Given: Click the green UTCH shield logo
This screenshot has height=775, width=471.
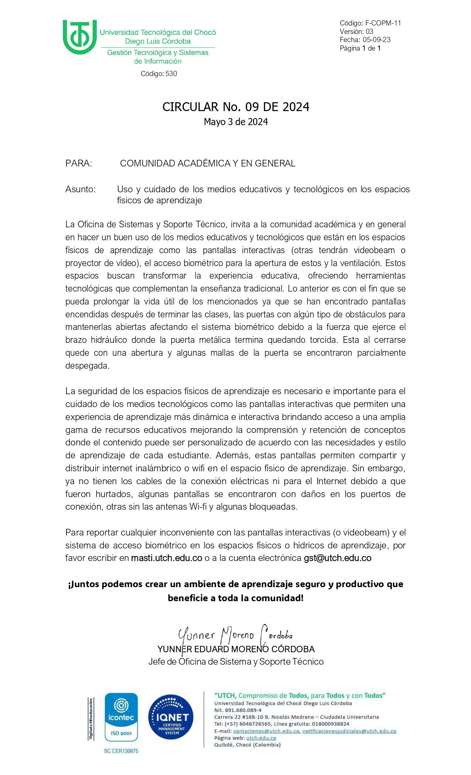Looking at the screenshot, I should [x=79, y=37].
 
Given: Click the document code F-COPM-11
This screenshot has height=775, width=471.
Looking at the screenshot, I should [x=383, y=23].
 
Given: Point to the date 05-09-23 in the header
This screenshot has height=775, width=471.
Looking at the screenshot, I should [x=376, y=40].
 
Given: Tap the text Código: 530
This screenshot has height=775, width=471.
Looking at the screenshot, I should [x=159, y=74].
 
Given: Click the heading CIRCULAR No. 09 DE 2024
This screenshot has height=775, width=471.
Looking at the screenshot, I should [x=236, y=107].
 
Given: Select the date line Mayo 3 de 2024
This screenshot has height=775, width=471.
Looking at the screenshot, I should [x=236, y=122].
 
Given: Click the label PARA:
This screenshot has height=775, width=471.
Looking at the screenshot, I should [x=79, y=163].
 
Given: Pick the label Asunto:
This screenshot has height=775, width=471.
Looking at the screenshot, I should [x=81, y=189].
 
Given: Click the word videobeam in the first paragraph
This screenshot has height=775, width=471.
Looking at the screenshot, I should [x=374, y=250].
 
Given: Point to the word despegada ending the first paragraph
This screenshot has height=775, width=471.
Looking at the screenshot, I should [x=87, y=366].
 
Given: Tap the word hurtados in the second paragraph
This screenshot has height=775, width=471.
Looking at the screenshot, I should [x=113, y=494].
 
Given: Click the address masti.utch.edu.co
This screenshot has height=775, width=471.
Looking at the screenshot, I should [x=167, y=558].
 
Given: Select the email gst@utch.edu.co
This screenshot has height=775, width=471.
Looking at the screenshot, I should [x=337, y=558].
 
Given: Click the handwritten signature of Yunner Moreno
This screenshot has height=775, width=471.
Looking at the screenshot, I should [x=235, y=635].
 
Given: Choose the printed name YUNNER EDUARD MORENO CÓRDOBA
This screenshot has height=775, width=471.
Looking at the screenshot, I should [x=236, y=649].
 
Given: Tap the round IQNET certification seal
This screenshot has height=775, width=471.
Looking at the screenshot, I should [x=171, y=717].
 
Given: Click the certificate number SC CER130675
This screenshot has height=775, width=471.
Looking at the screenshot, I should [x=121, y=751].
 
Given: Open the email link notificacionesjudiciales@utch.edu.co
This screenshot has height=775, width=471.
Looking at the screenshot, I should [x=349, y=731].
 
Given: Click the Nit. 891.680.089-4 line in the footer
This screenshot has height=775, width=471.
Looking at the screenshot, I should [x=238, y=710].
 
